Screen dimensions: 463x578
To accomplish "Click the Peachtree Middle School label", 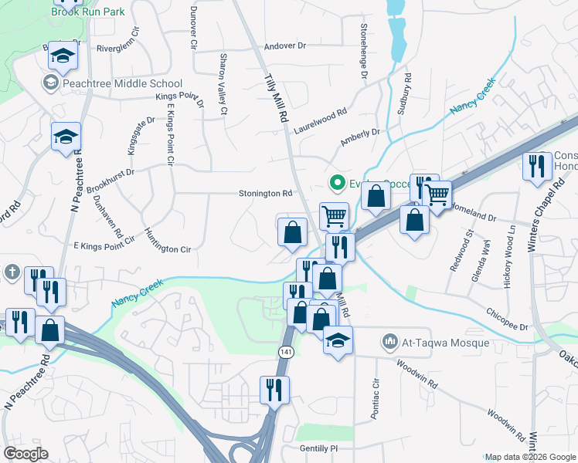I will pos(124,83).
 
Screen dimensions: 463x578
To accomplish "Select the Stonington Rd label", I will pos(266,194).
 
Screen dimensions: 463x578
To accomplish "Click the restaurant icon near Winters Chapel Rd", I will pos(535,166).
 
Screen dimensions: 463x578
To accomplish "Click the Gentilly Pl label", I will pos(319,448).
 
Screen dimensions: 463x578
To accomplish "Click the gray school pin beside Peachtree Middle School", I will pos(51,83).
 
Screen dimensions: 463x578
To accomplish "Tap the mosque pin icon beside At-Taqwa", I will pos(389,342).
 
